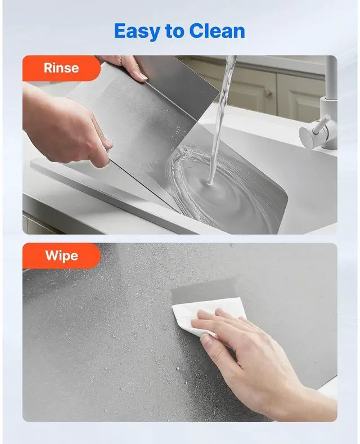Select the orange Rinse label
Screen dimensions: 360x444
point(61,68)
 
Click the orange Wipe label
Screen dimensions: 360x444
point(61,255)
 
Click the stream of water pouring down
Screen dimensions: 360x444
point(222,119)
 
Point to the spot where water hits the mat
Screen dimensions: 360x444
point(210,183)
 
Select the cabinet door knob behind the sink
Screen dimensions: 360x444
point(268,92)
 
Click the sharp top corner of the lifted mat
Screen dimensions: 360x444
point(218,92)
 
